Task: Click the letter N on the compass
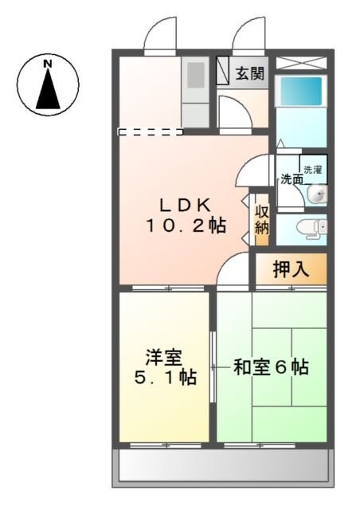[48, 63]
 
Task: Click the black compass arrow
[48, 89]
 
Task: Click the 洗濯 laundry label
[312, 169]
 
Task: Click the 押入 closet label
[291, 269]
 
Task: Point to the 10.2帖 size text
[185, 226]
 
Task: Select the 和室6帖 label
[271, 367]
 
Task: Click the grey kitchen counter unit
[194, 92]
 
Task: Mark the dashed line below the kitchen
[150, 131]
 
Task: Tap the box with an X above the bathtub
[302, 62]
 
